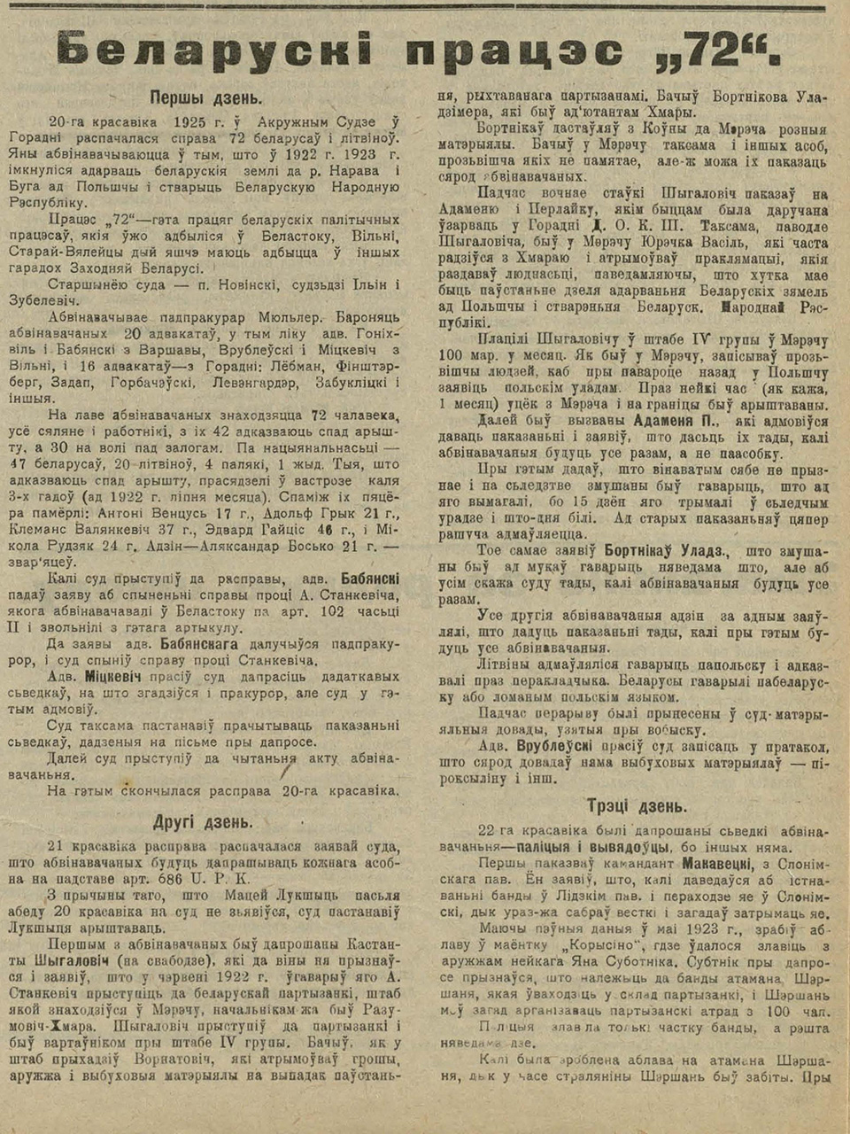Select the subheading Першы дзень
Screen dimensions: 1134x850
205,97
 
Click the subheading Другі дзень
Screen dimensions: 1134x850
204,821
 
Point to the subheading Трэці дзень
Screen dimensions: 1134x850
636,805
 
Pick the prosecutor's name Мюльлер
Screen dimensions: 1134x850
276,317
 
